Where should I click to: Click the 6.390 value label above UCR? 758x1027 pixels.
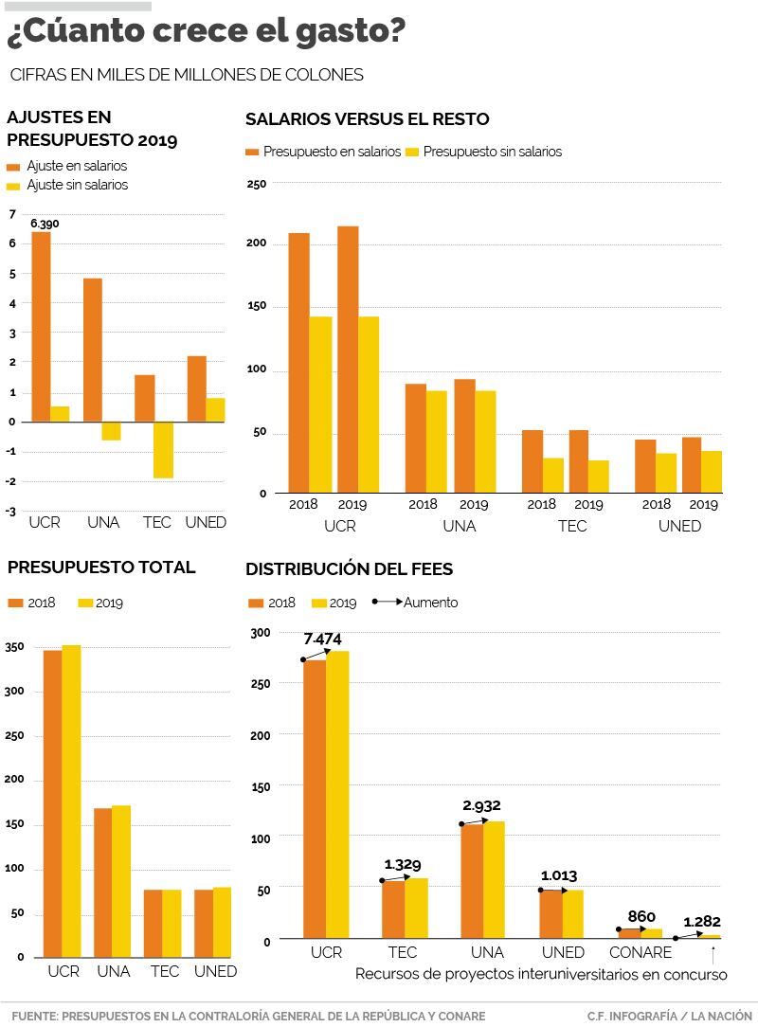(x=45, y=224)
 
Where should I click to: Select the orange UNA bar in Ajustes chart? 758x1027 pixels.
(x=93, y=350)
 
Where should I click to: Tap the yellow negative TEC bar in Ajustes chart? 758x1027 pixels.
(x=163, y=450)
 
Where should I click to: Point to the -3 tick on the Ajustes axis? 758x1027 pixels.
(x=11, y=512)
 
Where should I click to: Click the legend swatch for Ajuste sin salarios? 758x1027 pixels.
(x=13, y=186)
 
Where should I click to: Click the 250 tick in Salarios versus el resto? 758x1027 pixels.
(x=257, y=184)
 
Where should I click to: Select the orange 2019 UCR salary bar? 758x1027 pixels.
(x=348, y=359)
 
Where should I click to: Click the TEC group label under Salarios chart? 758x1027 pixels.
(x=572, y=527)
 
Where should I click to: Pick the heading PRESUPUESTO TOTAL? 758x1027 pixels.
(x=101, y=568)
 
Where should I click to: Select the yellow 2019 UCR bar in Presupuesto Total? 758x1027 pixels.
(x=71, y=801)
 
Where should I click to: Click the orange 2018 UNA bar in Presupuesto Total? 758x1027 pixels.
(x=102, y=882)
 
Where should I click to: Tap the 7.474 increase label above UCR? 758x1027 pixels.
(x=322, y=640)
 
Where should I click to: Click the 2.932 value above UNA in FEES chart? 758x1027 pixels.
(x=481, y=806)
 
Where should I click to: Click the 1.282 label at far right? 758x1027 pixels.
(x=702, y=921)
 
